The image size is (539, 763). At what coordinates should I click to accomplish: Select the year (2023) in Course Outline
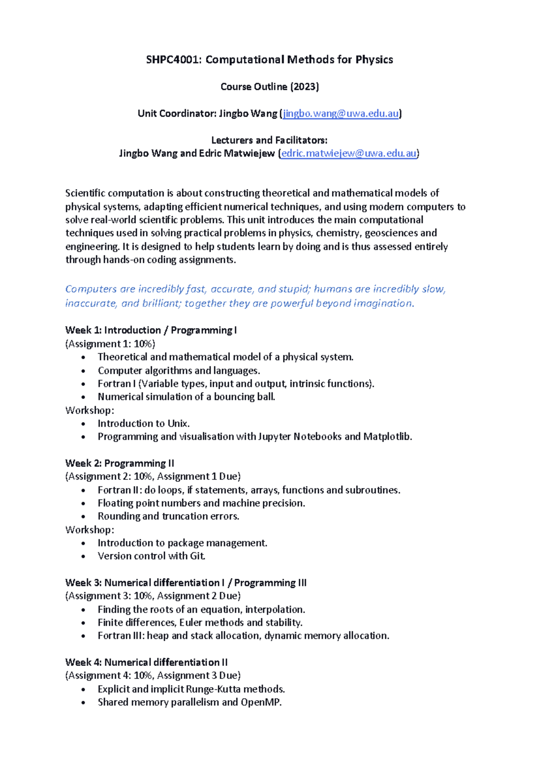pyautogui.click(x=305, y=87)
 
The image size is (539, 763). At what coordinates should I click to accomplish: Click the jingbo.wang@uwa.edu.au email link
pyautogui.click(x=340, y=114)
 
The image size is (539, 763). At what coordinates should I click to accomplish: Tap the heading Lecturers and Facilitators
pyautogui.click(x=269, y=140)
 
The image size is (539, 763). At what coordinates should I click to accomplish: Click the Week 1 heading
pyautogui.click(x=151, y=330)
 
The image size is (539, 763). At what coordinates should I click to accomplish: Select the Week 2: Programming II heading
pyautogui.click(x=119, y=463)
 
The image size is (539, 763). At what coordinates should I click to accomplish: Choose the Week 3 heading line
pyautogui.click(x=186, y=583)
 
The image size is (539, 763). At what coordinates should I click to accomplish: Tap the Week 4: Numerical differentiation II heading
pyautogui.click(x=146, y=662)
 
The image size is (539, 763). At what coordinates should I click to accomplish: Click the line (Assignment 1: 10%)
pyautogui.click(x=110, y=344)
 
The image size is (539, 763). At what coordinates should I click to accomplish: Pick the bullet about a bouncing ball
pyautogui.click(x=186, y=397)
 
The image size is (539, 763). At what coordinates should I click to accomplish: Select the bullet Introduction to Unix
pyautogui.click(x=144, y=424)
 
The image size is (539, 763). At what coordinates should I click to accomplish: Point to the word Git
pyautogui.click(x=198, y=556)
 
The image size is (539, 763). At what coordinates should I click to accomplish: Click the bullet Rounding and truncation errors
pyautogui.click(x=168, y=516)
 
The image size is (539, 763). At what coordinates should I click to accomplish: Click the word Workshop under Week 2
pyautogui.click(x=89, y=530)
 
